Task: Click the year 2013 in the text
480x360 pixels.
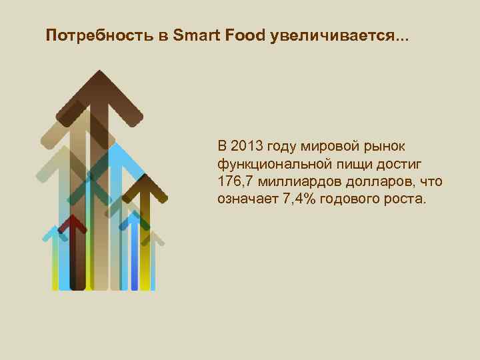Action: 248,145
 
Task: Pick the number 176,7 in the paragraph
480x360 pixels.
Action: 237,181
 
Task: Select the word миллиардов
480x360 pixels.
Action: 296,181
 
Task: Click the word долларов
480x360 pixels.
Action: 377,181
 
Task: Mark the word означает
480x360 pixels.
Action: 246,199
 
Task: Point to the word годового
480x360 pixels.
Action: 345,199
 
